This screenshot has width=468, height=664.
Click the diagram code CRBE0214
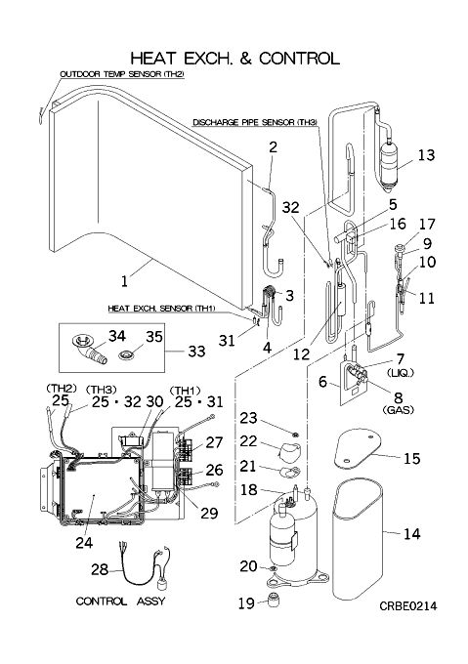(407, 606)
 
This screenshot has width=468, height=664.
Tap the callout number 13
(427, 155)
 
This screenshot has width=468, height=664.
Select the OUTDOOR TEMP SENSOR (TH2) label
(122, 74)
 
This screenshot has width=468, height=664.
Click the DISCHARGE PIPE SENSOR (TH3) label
(255, 122)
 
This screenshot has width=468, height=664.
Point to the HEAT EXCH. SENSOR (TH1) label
(161, 309)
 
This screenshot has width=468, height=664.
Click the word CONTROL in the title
(299, 58)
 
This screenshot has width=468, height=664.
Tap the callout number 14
(412, 533)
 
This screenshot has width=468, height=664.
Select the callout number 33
(196, 352)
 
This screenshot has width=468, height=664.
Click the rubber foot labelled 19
(274, 601)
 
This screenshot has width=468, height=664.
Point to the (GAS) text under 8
(398, 410)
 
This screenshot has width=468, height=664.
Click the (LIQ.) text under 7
(401, 373)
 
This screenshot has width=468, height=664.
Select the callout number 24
(84, 543)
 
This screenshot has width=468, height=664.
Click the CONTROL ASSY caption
(120, 602)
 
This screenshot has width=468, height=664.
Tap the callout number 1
(124, 281)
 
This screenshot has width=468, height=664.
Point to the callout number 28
(100, 569)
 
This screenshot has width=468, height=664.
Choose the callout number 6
(323, 382)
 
